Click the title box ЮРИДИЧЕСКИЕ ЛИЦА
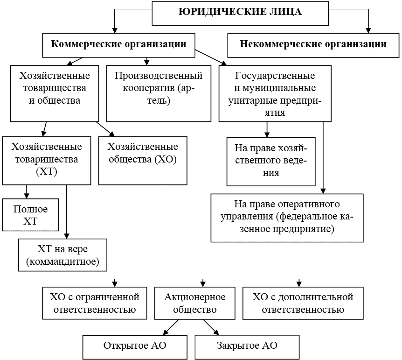click(x=240, y=13)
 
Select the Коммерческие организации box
click(x=118, y=44)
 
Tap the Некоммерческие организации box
click(x=313, y=45)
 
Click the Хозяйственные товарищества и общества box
click(x=55, y=93)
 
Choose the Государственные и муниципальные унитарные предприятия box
click(x=275, y=93)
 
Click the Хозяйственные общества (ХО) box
click(x=142, y=160)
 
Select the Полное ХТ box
click(x=30, y=214)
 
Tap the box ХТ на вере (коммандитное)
click(x=63, y=255)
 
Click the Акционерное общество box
click(x=195, y=303)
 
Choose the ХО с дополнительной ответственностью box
click(x=303, y=303)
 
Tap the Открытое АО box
click(x=135, y=346)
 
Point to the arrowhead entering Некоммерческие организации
click(x=368, y=30)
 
